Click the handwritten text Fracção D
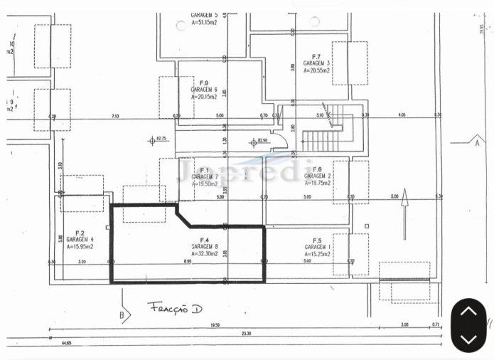174,307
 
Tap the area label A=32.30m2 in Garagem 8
204,253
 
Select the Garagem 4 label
80,240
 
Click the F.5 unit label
316,240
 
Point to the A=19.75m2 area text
318,182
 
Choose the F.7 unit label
317,56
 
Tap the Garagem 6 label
204,90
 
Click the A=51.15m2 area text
204,22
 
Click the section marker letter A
477,142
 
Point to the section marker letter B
122,314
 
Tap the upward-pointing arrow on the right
404,212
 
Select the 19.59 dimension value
217,327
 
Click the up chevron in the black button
468,312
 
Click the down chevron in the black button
468,338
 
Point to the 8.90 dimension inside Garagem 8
186,262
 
